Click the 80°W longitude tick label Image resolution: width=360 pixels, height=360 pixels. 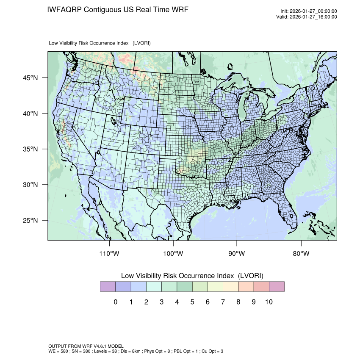pos(301,254)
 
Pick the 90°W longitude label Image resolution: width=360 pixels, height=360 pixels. pos(237,254)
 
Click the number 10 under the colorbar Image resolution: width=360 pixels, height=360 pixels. pos(269,302)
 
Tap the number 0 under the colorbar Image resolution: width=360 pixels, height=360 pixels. pos(115,302)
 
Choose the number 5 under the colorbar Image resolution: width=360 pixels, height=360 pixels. pos(192,302)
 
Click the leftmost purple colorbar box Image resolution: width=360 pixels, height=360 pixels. pos(108,287)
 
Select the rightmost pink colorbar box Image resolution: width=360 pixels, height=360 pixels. pos(276,287)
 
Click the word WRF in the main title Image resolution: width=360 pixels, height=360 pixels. pos(179,10)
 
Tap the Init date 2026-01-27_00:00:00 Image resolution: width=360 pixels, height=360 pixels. pos(313,11)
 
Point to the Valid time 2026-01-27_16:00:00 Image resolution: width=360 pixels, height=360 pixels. pos(313,17)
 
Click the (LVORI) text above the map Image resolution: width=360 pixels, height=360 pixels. pos(141,43)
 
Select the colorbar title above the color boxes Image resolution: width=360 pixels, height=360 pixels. pos(192,276)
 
